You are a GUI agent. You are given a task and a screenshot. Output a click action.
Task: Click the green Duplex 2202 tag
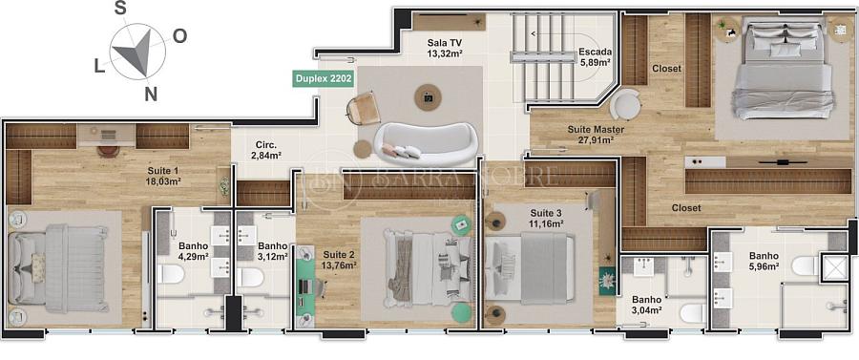323,78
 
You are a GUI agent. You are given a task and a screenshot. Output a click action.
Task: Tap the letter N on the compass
151,95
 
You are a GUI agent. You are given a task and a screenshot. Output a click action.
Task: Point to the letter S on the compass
120,9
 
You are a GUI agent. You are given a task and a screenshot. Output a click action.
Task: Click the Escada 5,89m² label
595,57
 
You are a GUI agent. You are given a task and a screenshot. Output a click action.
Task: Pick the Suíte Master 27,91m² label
588,135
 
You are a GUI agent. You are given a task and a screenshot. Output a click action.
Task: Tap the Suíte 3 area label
546,218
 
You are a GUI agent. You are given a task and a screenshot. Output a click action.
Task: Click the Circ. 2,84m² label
265,150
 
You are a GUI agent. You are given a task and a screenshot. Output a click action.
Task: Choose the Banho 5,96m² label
764,261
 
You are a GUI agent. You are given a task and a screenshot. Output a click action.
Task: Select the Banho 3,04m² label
646,305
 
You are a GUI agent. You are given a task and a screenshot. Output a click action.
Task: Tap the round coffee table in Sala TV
428,97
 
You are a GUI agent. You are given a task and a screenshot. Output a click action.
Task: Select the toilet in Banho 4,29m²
171,274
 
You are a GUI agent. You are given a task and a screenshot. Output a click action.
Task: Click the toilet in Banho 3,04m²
693,313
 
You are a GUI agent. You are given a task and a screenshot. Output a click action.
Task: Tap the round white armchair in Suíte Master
625,104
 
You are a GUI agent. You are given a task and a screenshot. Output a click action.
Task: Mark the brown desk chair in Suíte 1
109,151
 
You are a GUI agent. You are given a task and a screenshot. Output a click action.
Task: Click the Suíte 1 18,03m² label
163,176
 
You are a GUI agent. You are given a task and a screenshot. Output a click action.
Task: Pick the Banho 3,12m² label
273,251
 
